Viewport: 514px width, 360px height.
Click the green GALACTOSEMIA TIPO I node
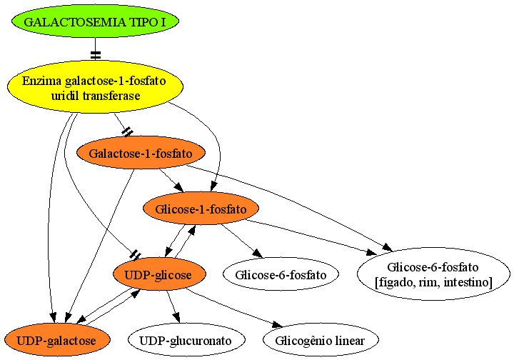click(x=96, y=21)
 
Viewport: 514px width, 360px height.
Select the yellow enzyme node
click(x=96, y=87)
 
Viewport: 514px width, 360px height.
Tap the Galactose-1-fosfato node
click(x=141, y=153)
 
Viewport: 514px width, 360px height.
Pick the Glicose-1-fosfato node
click(x=201, y=209)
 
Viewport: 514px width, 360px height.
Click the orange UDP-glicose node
click(x=159, y=274)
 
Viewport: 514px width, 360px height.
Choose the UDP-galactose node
click(x=57, y=340)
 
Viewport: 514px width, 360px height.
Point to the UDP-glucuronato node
click(x=186, y=340)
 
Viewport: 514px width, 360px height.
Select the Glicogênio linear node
click(x=321, y=340)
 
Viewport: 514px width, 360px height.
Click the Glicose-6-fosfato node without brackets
click(x=281, y=274)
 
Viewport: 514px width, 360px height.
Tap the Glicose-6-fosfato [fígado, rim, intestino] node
click(x=433, y=274)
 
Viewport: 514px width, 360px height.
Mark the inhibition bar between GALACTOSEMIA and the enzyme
click(x=96, y=56)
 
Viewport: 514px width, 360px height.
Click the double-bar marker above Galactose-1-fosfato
click(x=127, y=132)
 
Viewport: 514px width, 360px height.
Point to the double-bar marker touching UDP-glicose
click(x=136, y=255)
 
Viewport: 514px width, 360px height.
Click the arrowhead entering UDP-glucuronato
click(x=177, y=318)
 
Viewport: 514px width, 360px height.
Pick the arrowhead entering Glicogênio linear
click(x=277, y=324)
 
